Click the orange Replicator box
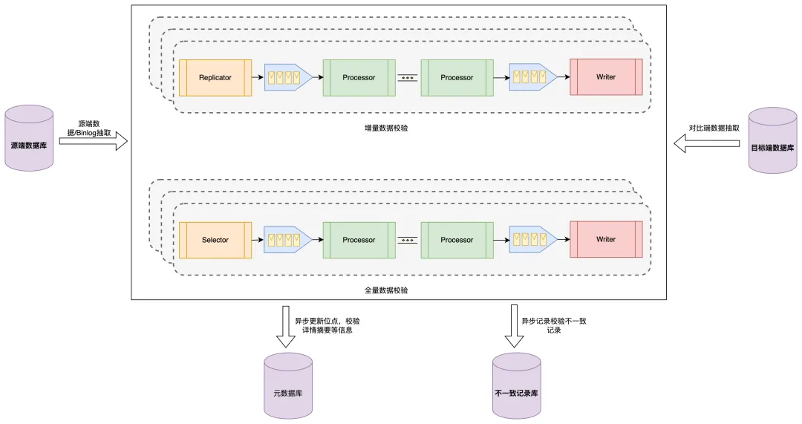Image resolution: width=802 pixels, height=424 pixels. (215, 77)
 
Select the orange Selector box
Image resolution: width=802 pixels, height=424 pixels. (215, 240)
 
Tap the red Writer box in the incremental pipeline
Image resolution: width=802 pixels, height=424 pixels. (606, 77)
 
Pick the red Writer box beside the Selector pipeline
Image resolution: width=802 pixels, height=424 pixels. (606, 240)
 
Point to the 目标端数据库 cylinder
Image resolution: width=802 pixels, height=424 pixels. (773, 140)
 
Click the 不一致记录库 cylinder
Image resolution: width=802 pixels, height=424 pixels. (517, 386)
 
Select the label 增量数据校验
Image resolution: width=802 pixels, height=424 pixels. (386, 128)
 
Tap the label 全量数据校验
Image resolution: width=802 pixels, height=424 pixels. (386, 290)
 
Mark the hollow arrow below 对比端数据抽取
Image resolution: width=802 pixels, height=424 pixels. (707, 146)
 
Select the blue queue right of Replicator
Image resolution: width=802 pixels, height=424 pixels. (287, 77)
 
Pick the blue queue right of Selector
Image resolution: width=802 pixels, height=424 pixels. (287, 240)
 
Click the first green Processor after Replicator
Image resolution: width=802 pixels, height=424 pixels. (359, 77)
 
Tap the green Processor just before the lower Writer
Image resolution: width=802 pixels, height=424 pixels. (457, 240)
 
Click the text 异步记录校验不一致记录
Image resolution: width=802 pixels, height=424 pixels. (553, 325)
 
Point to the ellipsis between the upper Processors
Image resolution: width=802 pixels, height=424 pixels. (407, 77)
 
